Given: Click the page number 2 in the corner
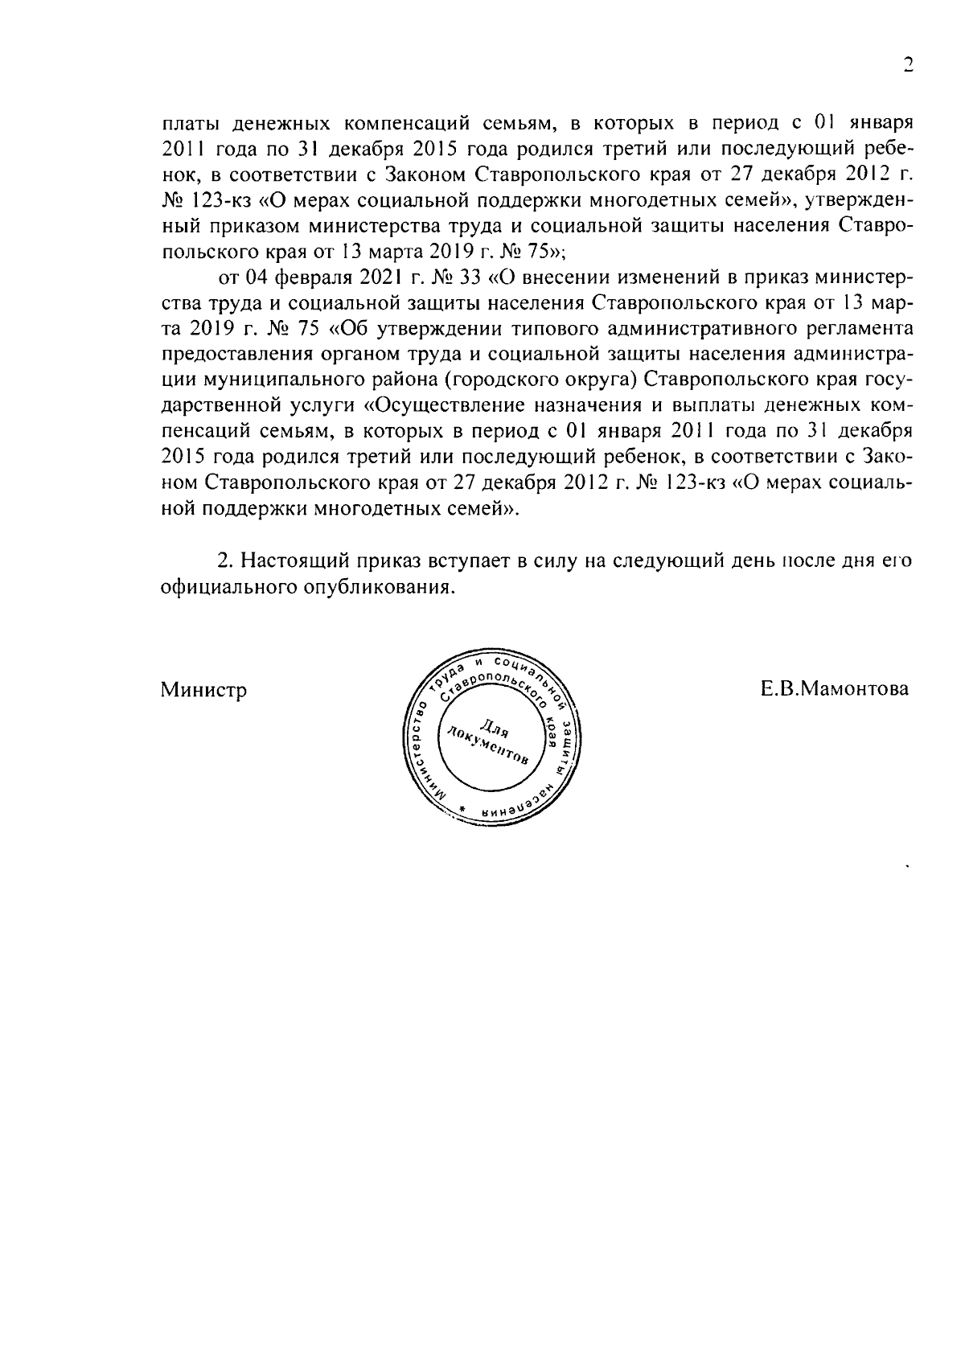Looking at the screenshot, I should (908, 66).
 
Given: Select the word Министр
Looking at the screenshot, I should (203, 690).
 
